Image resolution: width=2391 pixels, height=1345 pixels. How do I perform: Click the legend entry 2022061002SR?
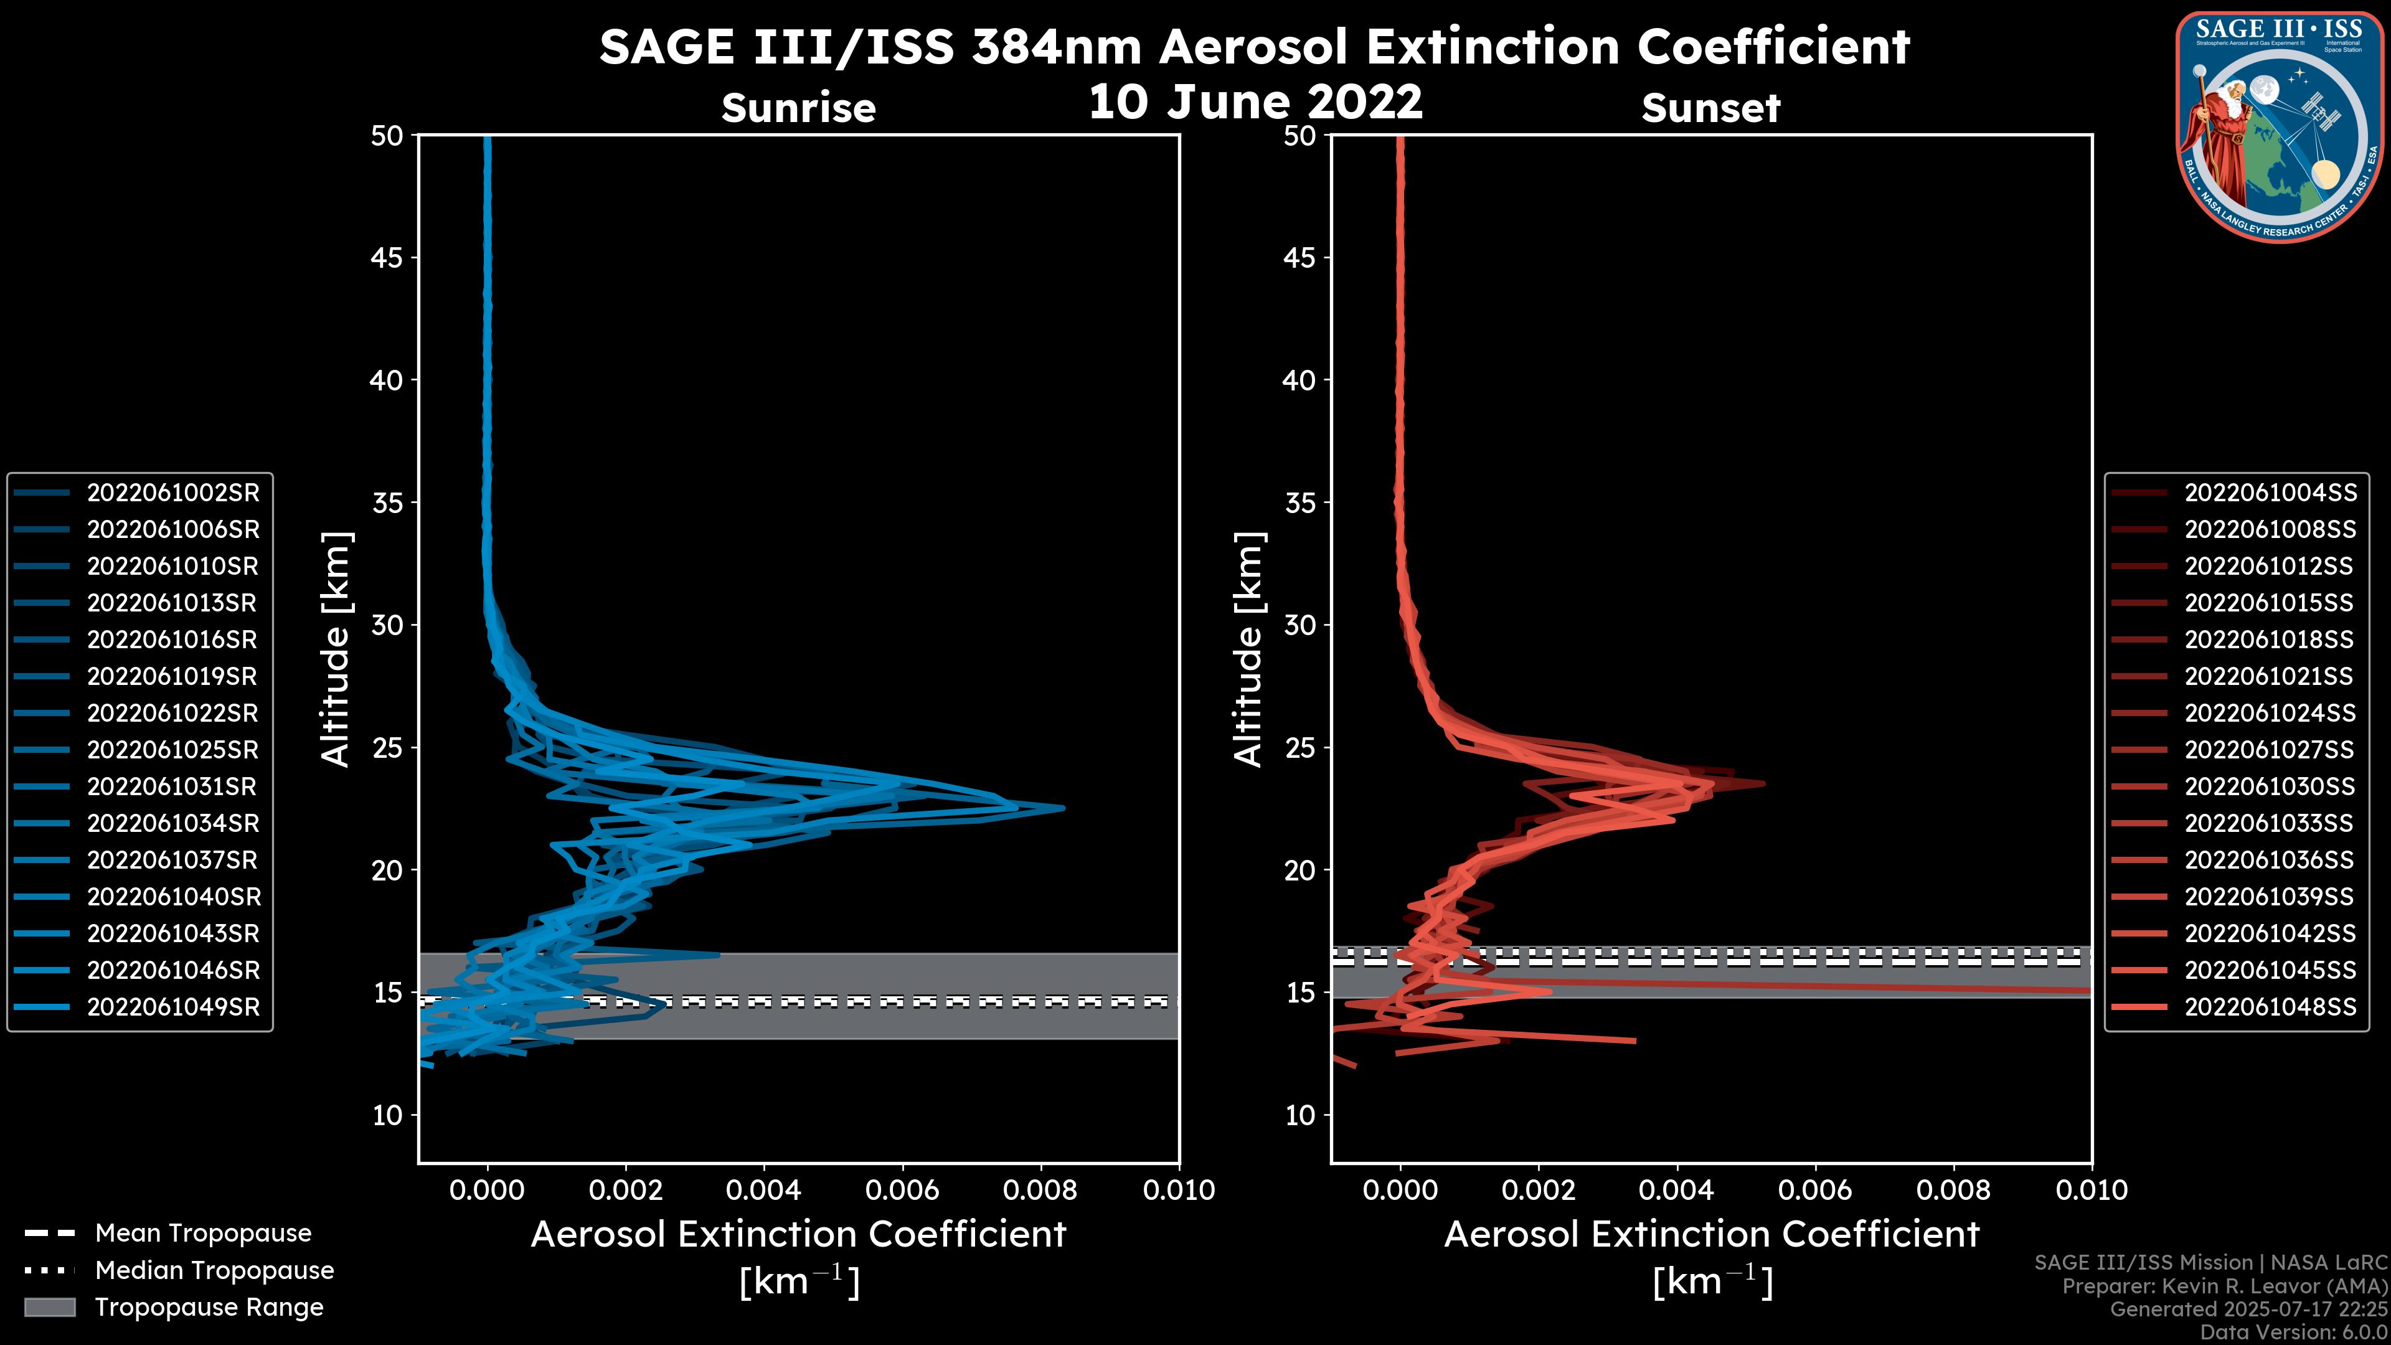(x=172, y=493)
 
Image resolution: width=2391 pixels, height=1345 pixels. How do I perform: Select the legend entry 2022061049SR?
(x=172, y=1007)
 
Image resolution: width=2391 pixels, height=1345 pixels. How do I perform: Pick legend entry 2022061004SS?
(x=2270, y=493)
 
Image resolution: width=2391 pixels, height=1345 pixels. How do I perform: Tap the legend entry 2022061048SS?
(x=2270, y=1007)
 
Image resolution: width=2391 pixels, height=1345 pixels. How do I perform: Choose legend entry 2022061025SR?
(x=172, y=750)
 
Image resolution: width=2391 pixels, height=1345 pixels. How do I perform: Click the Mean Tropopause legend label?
(x=203, y=1234)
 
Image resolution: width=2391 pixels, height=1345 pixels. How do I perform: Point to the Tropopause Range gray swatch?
(x=49, y=1307)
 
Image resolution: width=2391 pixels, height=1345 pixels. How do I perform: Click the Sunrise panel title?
(x=798, y=108)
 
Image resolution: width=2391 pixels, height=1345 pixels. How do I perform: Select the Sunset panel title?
(x=1710, y=108)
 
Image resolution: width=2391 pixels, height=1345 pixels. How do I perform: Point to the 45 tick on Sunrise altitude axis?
(x=387, y=258)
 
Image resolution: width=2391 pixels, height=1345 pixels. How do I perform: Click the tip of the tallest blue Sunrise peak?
(x=1063, y=808)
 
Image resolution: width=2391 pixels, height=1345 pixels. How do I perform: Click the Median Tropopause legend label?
(x=214, y=1271)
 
